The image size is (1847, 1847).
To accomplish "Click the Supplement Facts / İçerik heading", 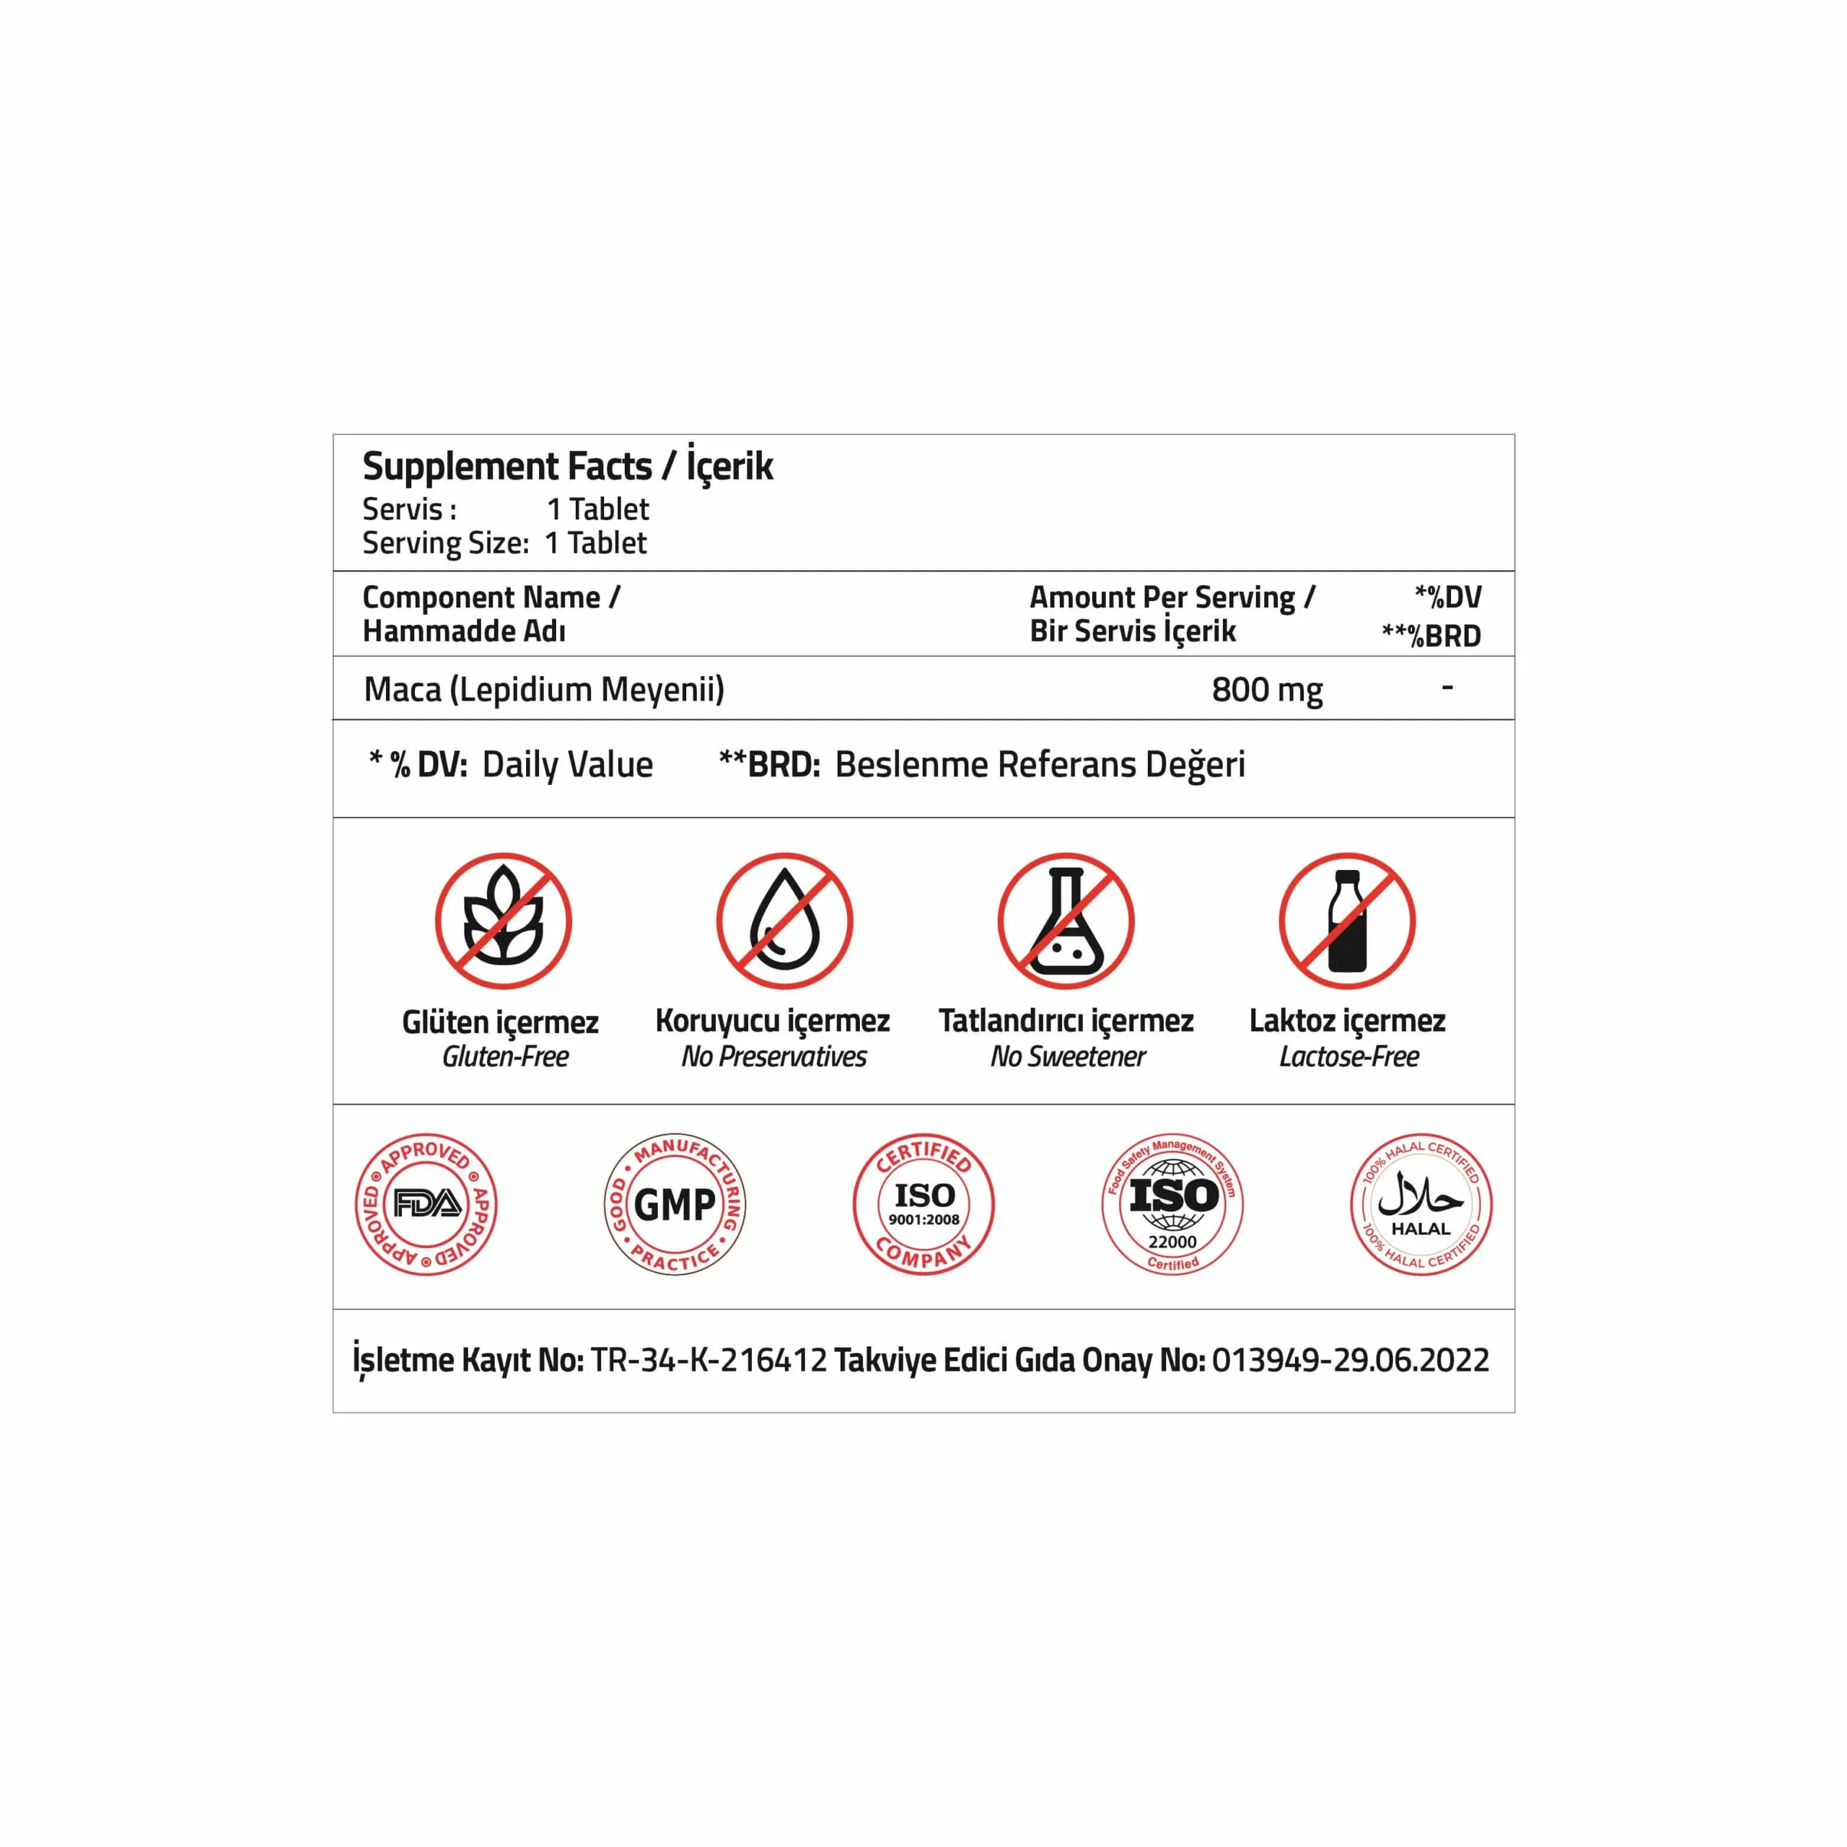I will (567, 467).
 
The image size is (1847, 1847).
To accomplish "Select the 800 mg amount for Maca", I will (1267, 689).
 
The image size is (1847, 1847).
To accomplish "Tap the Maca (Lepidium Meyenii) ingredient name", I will (544, 689).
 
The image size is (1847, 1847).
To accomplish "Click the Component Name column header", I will (491, 597).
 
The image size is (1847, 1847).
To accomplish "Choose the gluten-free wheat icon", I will (503, 921).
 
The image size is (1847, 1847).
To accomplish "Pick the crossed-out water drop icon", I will (784, 921).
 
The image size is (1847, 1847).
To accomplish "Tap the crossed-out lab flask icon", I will (1066, 921).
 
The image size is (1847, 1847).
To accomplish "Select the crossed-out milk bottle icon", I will (1347, 921).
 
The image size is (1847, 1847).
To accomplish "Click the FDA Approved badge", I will (426, 1203).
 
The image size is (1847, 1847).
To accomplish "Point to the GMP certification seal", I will (675, 1203).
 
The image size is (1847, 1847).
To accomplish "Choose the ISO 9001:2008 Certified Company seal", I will (923, 1203).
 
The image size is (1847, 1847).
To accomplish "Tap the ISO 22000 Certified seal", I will (1172, 1203).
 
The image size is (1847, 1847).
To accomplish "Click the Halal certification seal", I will (1421, 1203).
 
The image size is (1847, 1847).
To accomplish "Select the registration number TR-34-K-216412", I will (708, 1359).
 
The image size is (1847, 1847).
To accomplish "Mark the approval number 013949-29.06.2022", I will (1350, 1359).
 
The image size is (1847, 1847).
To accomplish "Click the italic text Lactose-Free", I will (1349, 1056).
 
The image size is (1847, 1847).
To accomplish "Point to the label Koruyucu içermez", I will (773, 1021).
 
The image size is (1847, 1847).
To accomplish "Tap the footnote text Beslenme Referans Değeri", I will (1040, 765).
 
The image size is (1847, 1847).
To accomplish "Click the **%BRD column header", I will (1431, 636).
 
